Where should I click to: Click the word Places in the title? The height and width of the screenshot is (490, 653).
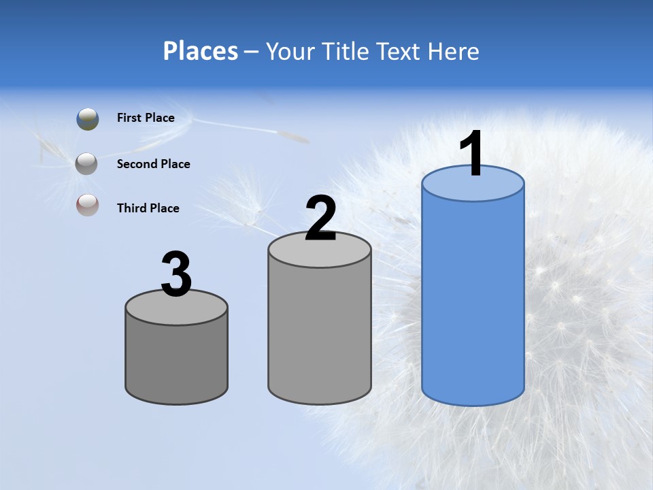pyautogui.click(x=201, y=51)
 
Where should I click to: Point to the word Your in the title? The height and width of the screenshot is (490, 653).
pyautogui.click(x=291, y=51)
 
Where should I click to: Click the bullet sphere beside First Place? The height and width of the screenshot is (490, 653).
pyautogui.click(x=88, y=119)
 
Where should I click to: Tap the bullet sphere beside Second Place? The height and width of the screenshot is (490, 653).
pyautogui.click(x=87, y=164)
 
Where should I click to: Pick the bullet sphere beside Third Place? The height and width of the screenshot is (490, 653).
pyautogui.click(x=87, y=206)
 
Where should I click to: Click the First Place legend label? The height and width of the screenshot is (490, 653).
pyautogui.click(x=146, y=118)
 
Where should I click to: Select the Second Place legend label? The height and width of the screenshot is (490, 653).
pyautogui.click(x=153, y=164)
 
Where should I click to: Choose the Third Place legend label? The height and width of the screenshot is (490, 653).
pyautogui.click(x=148, y=208)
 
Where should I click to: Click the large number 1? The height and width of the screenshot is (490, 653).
pyautogui.click(x=471, y=154)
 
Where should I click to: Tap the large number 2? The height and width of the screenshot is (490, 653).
pyautogui.click(x=320, y=218)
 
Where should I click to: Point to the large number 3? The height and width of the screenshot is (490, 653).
pyautogui.click(x=176, y=274)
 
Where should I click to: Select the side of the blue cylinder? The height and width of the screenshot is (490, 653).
pyautogui.click(x=473, y=299)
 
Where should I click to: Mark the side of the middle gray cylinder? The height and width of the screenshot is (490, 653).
pyautogui.click(x=320, y=333)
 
